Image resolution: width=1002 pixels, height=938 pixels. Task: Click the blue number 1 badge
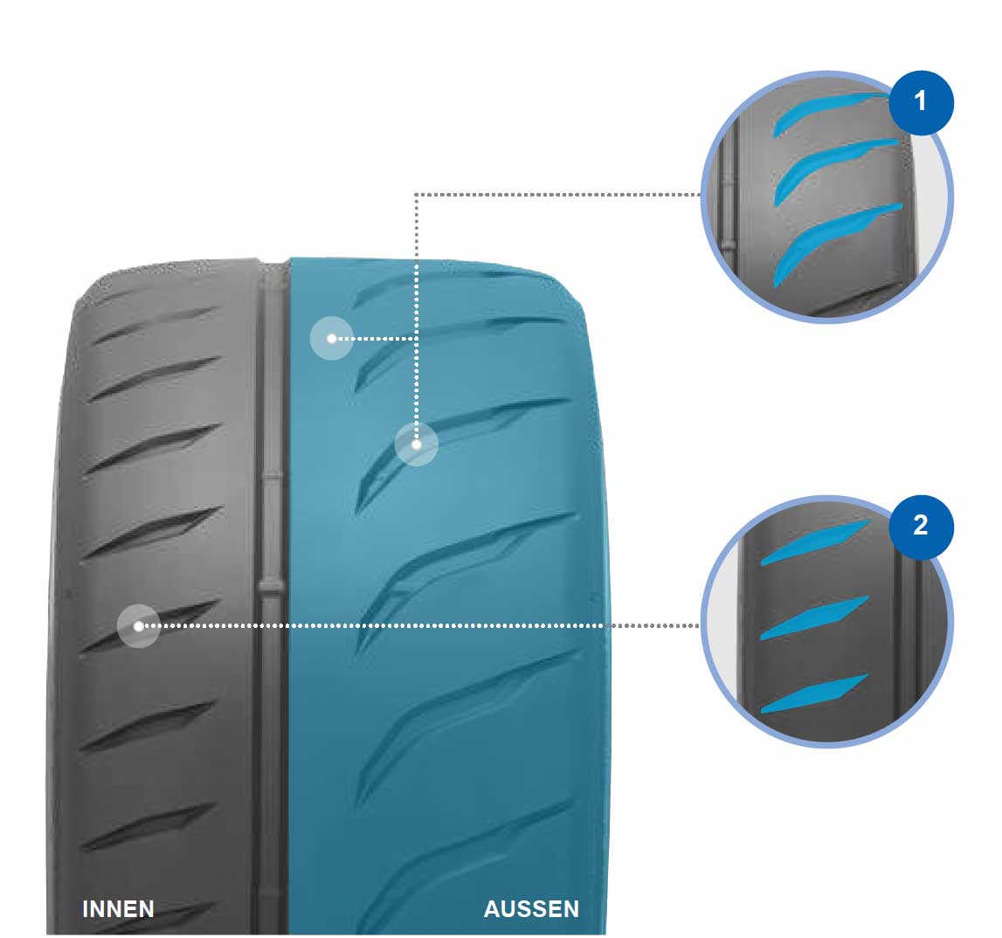click(x=921, y=102)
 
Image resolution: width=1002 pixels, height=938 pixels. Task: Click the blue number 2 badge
click(x=921, y=527)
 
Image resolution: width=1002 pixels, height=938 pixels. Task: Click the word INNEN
click(x=118, y=908)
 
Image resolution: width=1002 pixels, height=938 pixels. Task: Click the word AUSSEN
click(x=531, y=908)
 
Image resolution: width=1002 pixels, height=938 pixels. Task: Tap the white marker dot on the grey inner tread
click(x=139, y=626)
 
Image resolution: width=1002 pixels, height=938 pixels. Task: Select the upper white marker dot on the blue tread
click(x=332, y=338)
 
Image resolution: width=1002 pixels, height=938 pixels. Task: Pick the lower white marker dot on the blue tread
click(x=416, y=444)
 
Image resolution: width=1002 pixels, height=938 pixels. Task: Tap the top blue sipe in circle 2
click(x=815, y=542)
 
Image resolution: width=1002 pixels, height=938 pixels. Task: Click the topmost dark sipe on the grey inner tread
click(x=154, y=325)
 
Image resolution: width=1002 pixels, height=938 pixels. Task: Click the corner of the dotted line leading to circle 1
click(x=416, y=194)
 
